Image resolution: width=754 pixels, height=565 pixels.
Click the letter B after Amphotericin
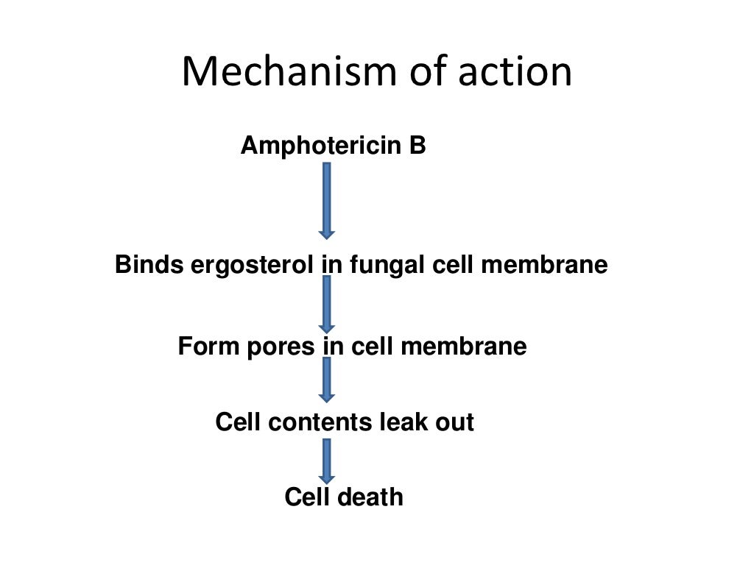[x=417, y=146]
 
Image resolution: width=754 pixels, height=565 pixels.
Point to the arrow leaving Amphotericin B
[x=327, y=200]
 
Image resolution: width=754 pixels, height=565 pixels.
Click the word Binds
[x=149, y=265]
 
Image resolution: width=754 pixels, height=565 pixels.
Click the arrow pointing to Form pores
[x=327, y=304]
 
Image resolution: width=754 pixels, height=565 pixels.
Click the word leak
[x=404, y=422]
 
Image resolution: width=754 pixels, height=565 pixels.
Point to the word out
[x=455, y=422]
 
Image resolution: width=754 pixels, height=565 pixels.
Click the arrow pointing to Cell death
[x=327, y=461]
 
